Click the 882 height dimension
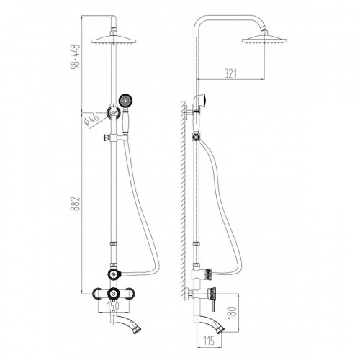(75, 204)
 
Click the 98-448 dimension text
(75, 57)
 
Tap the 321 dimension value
(230, 73)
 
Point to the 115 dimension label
(209, 341)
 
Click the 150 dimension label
(113, 306)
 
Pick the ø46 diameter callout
(91, 119)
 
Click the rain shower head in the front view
(114, 40)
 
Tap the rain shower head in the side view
(264, 40)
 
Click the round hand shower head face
(126, 100)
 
